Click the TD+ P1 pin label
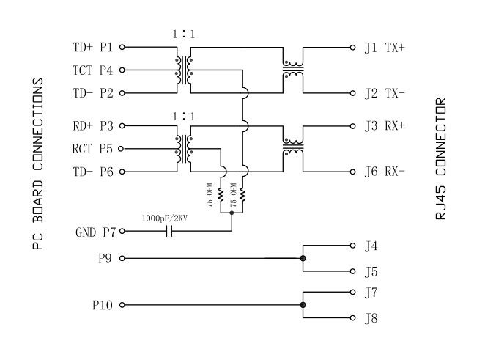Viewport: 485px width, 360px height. [93, 47]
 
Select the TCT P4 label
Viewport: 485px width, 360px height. [93, 70]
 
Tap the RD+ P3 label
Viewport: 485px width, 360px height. [93, 125]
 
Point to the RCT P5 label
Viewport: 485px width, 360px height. [93, 149]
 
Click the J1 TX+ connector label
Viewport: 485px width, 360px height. [389, 47]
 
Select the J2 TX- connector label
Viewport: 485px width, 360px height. [389, 93]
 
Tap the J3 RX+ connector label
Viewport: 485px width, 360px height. [389, 125]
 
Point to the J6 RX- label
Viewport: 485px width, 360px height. [389, 172]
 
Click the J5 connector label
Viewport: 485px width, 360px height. [371, 271]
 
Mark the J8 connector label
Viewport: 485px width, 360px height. [371, 318]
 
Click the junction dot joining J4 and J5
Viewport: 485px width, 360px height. [303, 258]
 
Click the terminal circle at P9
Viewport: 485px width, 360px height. [122, 258]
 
